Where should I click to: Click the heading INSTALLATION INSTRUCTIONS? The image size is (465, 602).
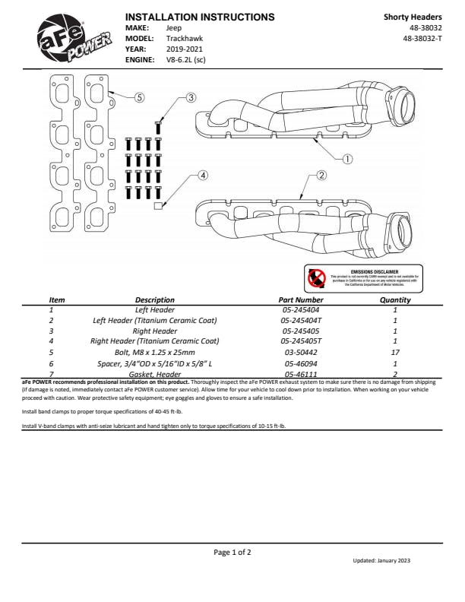tap(199, 16)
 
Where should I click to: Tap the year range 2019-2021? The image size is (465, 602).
tap(184, 48)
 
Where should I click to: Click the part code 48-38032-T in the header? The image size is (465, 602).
tap(422, 37)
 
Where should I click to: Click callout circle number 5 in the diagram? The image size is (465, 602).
tap(139, 97)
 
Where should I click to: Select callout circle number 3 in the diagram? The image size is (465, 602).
tap(191, 97)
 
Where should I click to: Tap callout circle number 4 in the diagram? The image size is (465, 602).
tap(203, 176)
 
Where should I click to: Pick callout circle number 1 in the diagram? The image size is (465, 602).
tap(347, 159)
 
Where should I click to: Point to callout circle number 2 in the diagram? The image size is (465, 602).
tap(321, 176)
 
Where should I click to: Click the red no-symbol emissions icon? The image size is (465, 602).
tap(316, 277)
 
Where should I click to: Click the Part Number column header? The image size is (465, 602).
tap(302, 299)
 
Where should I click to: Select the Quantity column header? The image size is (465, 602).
tap(394, 299)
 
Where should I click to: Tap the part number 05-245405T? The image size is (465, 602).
tap(302, 341)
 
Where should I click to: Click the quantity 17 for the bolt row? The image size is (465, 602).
tap(395, 352)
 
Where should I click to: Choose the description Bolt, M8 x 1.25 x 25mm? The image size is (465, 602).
tap(155, 352)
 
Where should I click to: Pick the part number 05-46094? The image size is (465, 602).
tap(302, 363)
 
